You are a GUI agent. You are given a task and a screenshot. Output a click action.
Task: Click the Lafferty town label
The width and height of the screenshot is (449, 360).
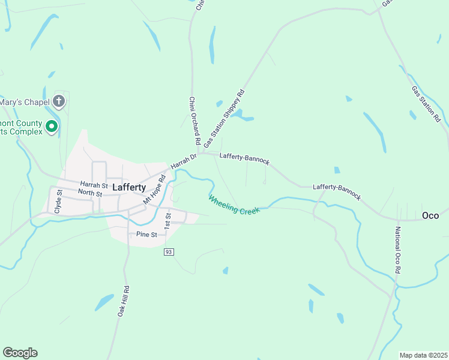click(x=129, y=187)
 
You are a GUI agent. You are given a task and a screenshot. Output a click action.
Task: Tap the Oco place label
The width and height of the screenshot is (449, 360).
click(x=430, y=215)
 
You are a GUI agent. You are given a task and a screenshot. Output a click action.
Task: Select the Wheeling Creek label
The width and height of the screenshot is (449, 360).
click(x=235, y=205)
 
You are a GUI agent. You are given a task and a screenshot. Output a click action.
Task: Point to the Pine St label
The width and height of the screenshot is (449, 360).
click(x=146, y=234)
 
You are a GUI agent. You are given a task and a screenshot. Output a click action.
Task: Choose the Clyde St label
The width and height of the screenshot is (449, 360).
click(x=58, y=202)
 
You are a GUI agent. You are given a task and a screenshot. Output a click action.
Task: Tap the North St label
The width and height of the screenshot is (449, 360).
click(x=90, y=193)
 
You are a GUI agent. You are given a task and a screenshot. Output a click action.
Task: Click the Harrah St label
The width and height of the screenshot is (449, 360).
click(x=93, y=184)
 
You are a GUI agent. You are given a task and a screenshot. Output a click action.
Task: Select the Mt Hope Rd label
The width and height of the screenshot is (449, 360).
click(x=154, y=189)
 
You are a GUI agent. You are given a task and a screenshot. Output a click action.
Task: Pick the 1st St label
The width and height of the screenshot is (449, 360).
click(x=168, y=219)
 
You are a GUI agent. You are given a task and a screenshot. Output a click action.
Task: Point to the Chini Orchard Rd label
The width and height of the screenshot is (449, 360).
click(x=194, y=121)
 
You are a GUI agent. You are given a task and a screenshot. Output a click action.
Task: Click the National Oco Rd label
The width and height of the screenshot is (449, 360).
click(x=397, y=250)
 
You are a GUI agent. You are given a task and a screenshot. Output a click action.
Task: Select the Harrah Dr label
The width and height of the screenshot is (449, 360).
click(x=184, y=161)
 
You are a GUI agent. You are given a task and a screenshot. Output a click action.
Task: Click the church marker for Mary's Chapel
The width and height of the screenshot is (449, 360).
click(x=58, y=101)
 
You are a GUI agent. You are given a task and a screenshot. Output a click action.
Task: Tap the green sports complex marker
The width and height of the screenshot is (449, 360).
click(x=52, y=127)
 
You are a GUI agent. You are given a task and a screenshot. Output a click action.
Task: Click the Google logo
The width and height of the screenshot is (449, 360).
click(x=20, y=353)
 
